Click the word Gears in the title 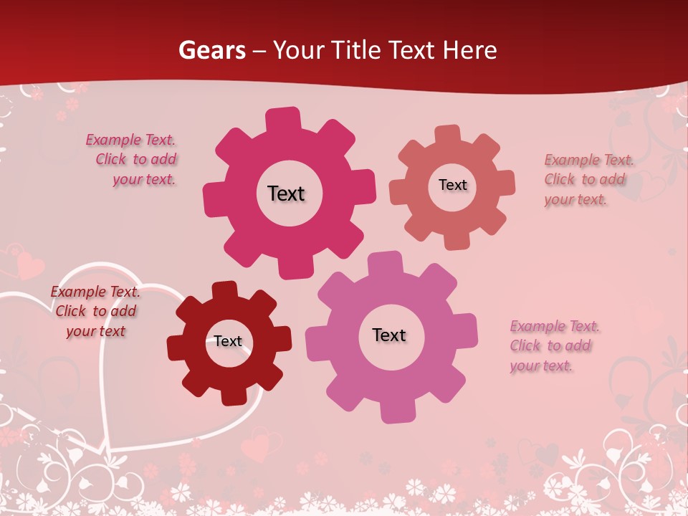click(211, 50)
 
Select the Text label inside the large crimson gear click(286, 193)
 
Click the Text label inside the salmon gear click(452, 185)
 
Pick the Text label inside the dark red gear click(228, 341)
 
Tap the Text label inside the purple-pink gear click(389, 335)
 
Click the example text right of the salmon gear click(588, 179)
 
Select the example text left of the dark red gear click(95, 311)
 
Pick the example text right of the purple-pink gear click(553, 346)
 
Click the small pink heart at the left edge click(29, 264)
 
